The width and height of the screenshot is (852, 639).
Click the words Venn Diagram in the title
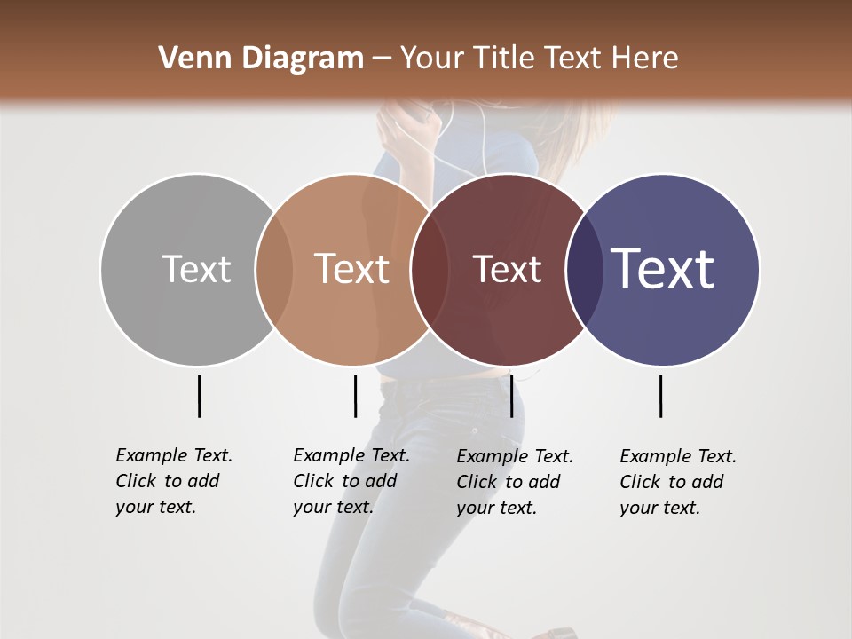pos(261,59)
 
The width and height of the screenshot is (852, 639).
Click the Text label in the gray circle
pos(196,269)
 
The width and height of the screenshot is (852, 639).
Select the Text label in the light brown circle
pos(351,269)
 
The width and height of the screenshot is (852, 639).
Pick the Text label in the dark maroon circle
pos(507,269)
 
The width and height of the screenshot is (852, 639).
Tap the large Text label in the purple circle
pos(662,268)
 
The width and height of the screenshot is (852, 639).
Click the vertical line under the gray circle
pos(199,396)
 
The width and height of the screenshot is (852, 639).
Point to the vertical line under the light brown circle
pos(355,396)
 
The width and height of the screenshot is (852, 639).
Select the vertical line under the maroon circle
pos(511,396)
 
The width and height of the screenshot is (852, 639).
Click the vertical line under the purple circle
pos(660,396)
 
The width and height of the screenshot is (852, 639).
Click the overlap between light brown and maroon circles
pos(428,269)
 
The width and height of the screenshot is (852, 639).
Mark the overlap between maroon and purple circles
pos(583,269)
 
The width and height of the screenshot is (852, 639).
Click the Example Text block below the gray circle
pos(173,481)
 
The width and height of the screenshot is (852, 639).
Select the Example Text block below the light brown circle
pos(351,481)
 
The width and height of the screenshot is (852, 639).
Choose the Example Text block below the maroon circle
pos(514,482)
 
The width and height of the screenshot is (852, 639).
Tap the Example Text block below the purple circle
pos(677,482)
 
